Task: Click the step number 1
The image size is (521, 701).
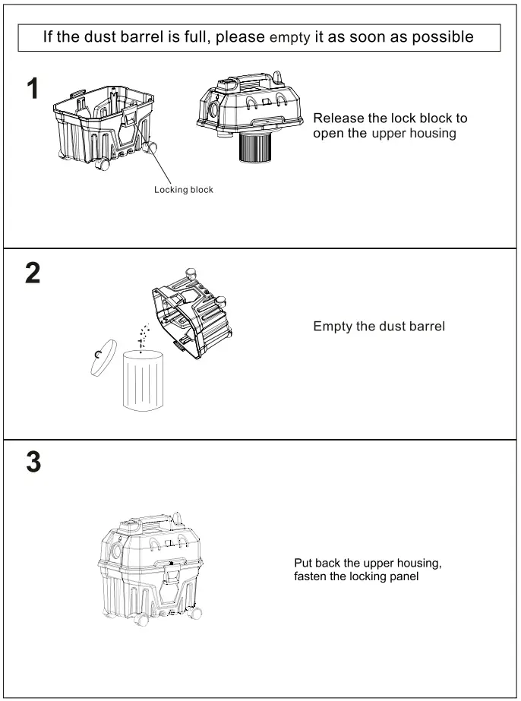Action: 33,90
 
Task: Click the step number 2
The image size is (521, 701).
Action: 33,273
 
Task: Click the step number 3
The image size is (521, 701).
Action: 33,463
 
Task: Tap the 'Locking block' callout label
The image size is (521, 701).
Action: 184,190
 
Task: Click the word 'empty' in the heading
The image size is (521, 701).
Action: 289,38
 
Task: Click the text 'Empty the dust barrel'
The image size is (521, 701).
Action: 379,327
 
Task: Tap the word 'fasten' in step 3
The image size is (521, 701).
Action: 311,577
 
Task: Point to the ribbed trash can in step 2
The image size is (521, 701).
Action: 144,380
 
